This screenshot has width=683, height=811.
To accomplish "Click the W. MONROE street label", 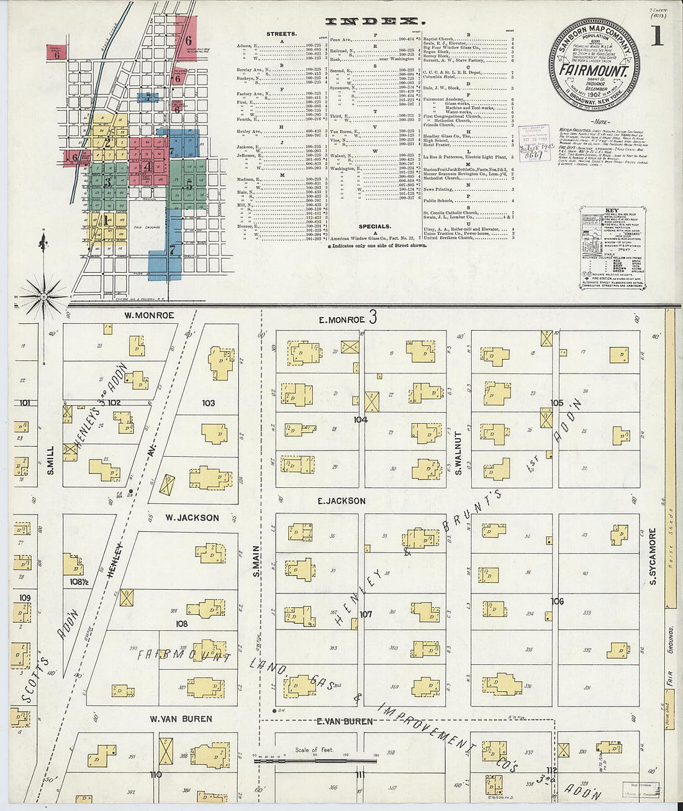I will tap(149, 315).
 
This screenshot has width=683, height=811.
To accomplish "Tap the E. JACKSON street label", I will tap(341, 500).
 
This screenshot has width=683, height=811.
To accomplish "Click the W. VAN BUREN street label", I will tap(181, 718).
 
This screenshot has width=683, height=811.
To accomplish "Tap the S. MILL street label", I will tap(50, 460).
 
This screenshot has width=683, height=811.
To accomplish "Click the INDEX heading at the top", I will tap(372, 21).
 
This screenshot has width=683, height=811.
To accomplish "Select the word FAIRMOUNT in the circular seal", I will tap(593, 70).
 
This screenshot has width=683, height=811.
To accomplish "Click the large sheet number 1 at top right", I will tap(657, 38).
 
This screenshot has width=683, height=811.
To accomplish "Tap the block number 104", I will tap(361, 419).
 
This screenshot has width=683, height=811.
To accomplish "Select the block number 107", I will tap(366, 614).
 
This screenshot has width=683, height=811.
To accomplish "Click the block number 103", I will tap(208, 403).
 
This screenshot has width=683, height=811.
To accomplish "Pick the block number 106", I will tap(557, 601).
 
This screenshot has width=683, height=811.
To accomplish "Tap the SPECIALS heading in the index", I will tap(375, 226).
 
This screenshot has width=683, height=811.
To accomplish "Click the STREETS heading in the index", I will tap(281, 34).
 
